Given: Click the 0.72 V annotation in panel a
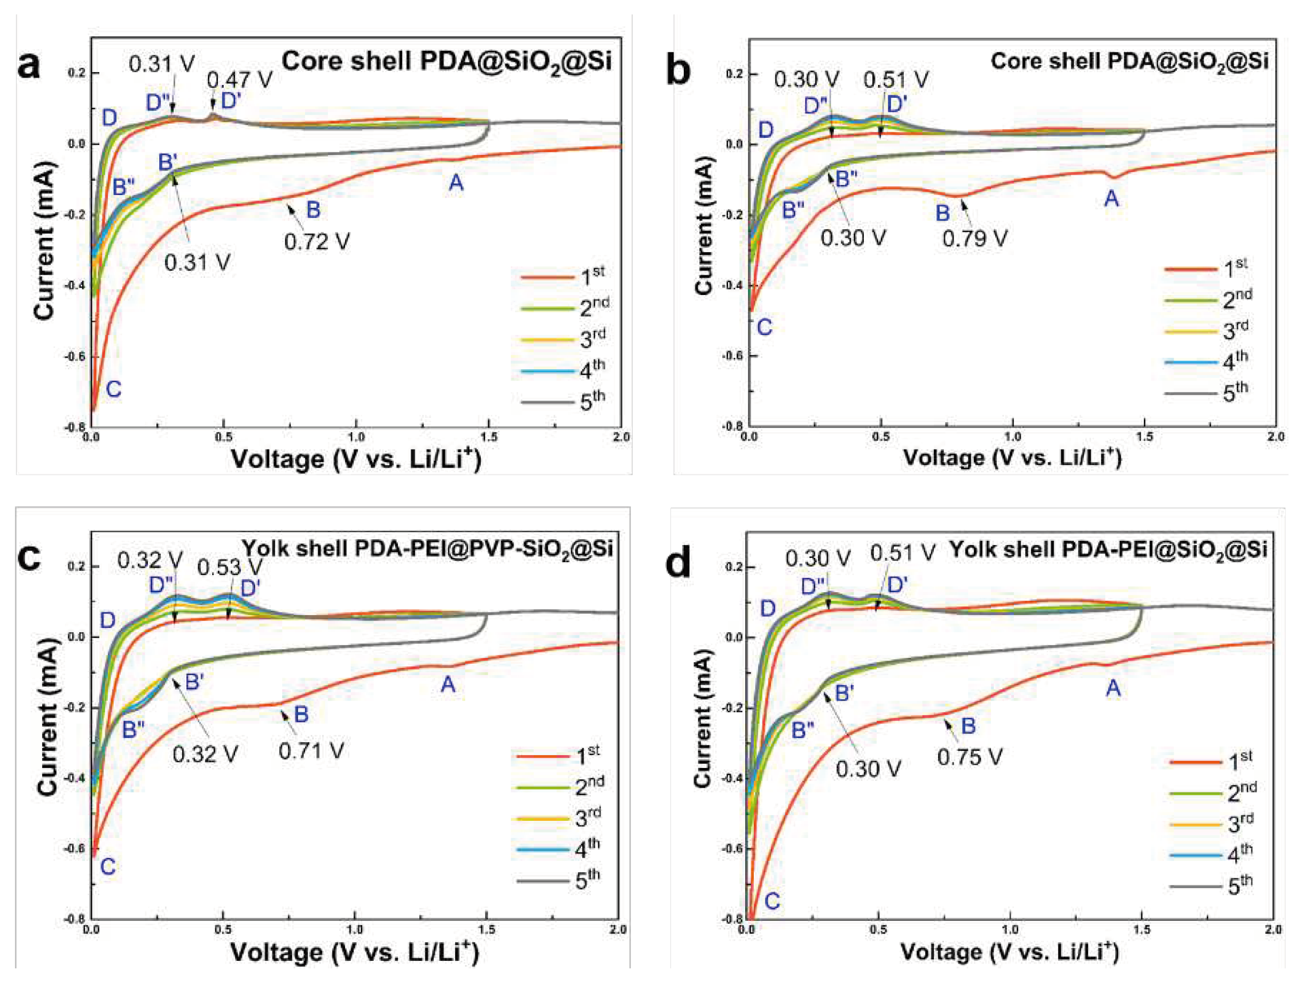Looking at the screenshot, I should (x=317, y=241).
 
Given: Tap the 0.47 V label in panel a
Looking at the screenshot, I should (x=239, y=80).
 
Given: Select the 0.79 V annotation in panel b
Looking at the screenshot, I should (x=974, y=239).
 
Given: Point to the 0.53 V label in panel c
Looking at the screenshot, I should (x=229, y=568).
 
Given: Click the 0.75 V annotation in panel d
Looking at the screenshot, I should (x=969, y=757).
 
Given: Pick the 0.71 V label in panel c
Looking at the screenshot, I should (x=311, y=751).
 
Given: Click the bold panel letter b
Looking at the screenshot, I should (x=679, y=71).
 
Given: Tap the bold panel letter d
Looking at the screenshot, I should (x=679, y=563).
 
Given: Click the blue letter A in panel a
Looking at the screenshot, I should (x=456, y=184).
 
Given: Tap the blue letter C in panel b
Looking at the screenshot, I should (x=764, y=328).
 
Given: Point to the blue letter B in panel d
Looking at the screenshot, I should (x=968, y=726).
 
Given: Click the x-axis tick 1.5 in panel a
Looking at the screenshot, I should (x=488, y=437).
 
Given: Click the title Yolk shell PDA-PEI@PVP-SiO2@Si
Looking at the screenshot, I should (x=427, y=549).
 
